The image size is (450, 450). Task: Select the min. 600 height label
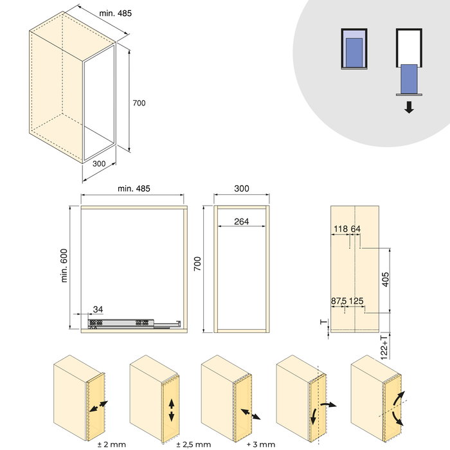tap(64, 265)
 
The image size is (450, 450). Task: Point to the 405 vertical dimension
tap(384, 281)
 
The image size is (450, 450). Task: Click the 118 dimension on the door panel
tap(341, 229)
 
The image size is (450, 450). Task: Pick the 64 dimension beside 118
tap(355, 229)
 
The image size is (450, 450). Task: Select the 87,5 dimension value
tap(339, 301)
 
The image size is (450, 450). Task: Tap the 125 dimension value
tap(356, 301)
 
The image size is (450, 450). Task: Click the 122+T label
tap(384, 346)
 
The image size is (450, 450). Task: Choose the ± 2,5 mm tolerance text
tap(193, 444)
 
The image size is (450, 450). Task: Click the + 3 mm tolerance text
tap(260, 444)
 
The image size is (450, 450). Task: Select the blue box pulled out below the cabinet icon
tap(409, 78)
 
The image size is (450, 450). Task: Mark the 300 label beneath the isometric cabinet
tap(98, 164)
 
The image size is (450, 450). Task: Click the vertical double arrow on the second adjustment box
tap(172, 410)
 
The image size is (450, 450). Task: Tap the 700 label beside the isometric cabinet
tap(139, 103)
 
